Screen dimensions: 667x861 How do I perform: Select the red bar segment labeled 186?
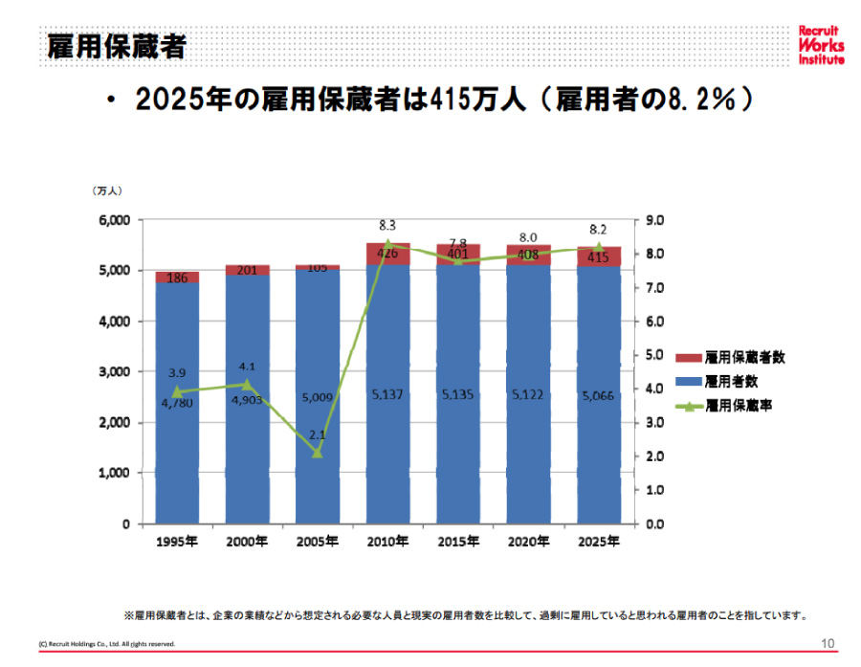pyautogui.click(x=177, y=278)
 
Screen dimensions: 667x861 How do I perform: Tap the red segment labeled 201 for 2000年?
pyautogui.click(x=248, y=271)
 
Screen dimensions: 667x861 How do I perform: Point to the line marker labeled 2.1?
pyautogui.click(x=318, y=453)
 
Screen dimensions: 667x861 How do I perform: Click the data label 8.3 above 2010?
pyautogui.click(x=387, y=225)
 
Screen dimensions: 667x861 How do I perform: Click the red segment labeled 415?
pyautogui.click(x=598, y=256)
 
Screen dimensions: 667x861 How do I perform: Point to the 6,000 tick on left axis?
pyautogui.click(x=114, y=220)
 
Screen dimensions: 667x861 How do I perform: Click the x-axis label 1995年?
pyautogui.click(x=177, y=542)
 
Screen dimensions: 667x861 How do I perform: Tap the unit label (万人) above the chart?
pyautogui.click(x=107, y=191)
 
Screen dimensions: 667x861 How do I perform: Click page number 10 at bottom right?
pyautogui.click(x=828, y=642)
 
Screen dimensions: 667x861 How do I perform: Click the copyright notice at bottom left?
pyautogui.click(x=106, y=644)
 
